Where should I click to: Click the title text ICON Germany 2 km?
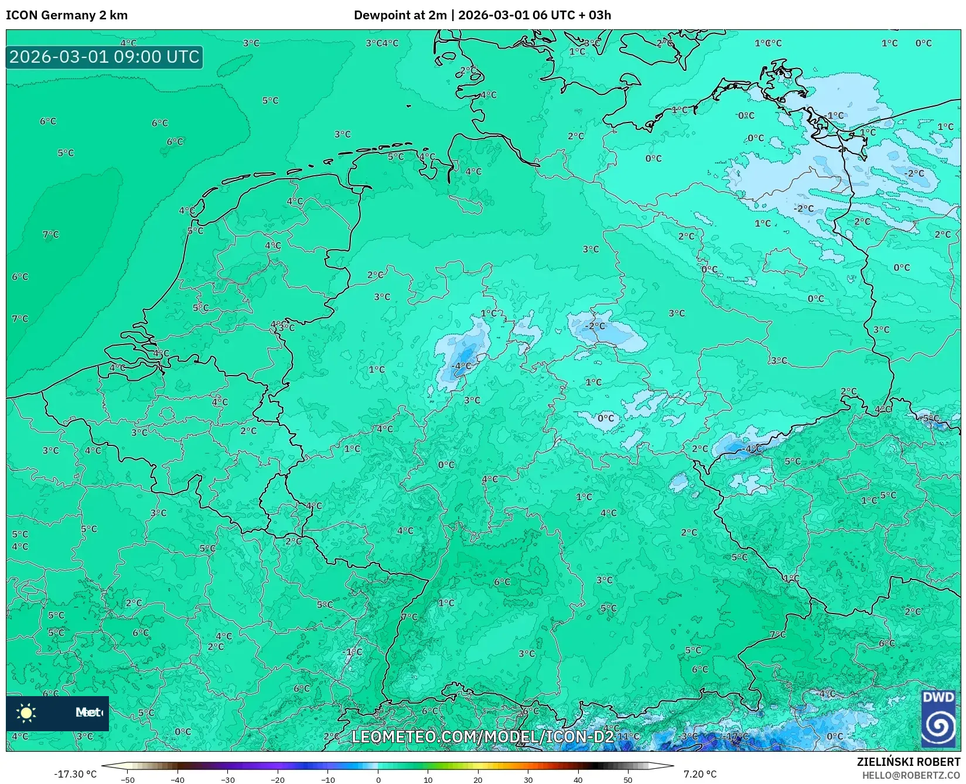tap(67, 15)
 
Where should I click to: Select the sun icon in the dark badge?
tap(26, 713)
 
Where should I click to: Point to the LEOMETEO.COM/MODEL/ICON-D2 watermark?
tap(483, 737)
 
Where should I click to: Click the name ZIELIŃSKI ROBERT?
tap(909, 762)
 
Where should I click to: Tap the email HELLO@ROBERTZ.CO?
tap(911, 775)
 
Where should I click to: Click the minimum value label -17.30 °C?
tap(75, 774)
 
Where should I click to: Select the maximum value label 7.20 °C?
tap(699, 774)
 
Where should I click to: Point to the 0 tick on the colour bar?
tap(378, 779)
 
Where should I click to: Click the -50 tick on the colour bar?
tap(128, 779)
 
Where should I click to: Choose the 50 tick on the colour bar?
tap(628, 779)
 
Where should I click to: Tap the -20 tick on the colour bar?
tap(278, 779)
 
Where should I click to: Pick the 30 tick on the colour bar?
tap(528, 779)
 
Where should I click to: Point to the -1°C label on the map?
tap(353, 652)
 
